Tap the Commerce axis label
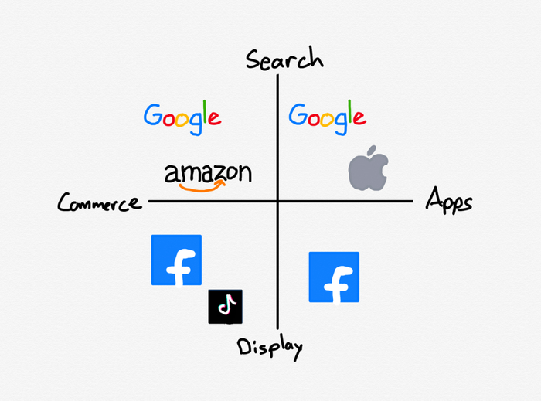pyautogui.click(x=100, y=203)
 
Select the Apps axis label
pyautogui.click(x=449, y=202)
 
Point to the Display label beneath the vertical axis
pyautogui.click(x=270, y=347)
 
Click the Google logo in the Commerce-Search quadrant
pyautogui.click(x=182, y=117)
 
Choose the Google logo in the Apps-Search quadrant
pyautogui.click(x=327, y=117)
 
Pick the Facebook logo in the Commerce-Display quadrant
pyautogui.click(x=176, y=260)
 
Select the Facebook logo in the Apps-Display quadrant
pyautogui.click(x=334, y=277)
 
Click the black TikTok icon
pyautogui.click(x=226, y=307)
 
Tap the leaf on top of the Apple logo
pyautogui.click(x=373, y=150)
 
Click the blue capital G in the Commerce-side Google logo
pyautogui.click(x=154, y=115)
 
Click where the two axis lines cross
pyautogui.click(x=277, y=201)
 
